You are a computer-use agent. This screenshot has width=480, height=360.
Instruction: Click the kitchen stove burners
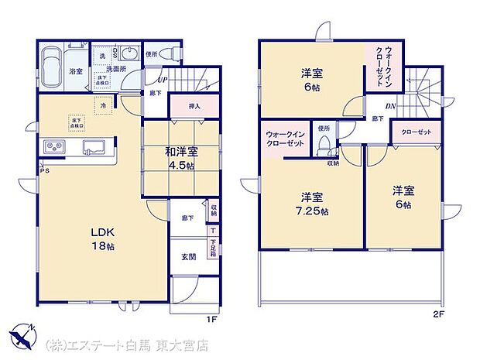click(x=54, y=146)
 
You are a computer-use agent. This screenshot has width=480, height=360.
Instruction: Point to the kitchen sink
click(x=96, y=146)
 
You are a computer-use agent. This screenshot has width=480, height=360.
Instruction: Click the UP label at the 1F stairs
click(x=162, y=80)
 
